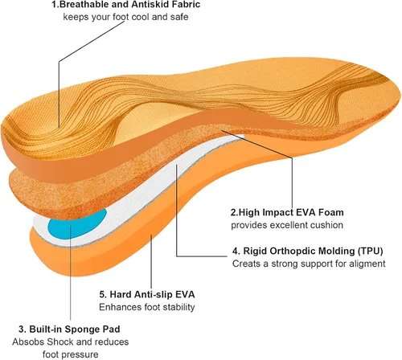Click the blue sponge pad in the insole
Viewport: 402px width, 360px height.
click(77, 223)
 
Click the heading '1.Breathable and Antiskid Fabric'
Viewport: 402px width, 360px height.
click(126, 5)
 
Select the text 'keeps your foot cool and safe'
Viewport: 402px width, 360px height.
click(125, 17)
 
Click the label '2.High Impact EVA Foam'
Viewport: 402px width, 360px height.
click(287, 212)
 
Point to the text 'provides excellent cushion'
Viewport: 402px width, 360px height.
click(287, 225)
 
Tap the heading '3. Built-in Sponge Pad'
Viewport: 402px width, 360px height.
click(69, 329)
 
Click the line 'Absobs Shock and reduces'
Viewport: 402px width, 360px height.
click(71, 342)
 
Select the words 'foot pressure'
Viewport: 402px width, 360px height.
click(71, 354)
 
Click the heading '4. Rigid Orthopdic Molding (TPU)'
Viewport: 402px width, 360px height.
click(308, 251)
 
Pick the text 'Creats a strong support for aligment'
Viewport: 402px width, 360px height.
click(309, 264)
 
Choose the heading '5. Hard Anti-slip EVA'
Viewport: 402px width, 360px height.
click(147, 294)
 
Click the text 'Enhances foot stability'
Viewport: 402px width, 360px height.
click(147, 307)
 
